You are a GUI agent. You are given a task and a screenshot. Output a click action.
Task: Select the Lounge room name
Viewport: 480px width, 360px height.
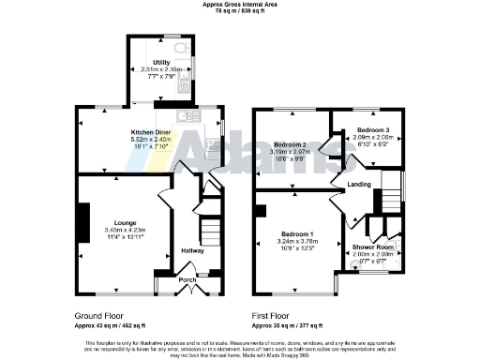coord(125,222)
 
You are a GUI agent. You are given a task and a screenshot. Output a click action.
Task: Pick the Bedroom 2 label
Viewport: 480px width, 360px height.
coord(290,144)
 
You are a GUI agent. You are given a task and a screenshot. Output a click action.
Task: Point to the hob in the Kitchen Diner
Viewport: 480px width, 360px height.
coord(215,145)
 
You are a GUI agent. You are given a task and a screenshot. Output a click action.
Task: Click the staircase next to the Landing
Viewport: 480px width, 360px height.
coord(386,199)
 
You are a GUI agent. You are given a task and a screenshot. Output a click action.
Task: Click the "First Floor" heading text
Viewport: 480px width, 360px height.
coord(273,316)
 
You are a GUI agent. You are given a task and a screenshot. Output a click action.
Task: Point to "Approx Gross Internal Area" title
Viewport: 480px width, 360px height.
coord(239,4)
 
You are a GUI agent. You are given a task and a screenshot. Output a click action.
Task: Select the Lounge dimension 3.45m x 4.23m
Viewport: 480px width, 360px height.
coord(125,230)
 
